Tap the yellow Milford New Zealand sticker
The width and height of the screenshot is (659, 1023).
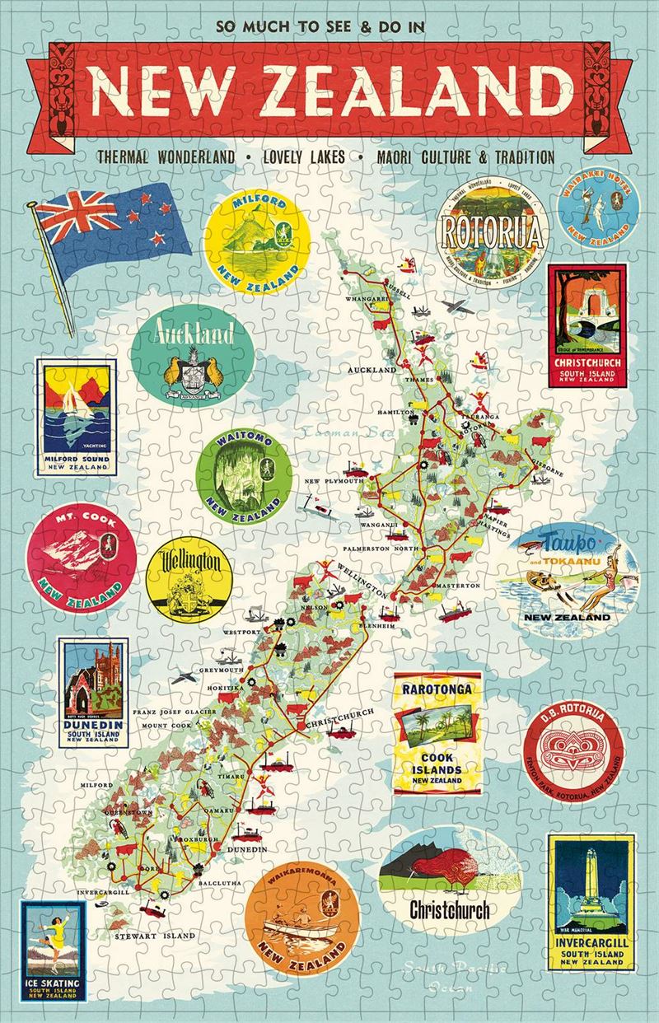(x=253, y=239)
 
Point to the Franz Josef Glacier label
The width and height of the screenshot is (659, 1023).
(x=176, y=710)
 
